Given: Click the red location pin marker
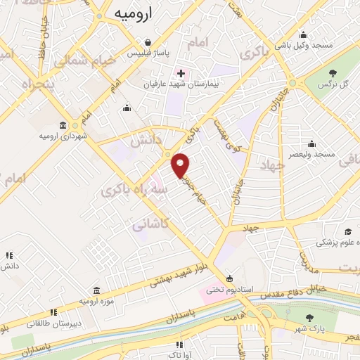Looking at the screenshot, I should pos(181,166).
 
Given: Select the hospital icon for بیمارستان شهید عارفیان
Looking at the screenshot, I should pos(181,73).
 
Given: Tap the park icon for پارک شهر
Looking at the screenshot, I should pos(310,318).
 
